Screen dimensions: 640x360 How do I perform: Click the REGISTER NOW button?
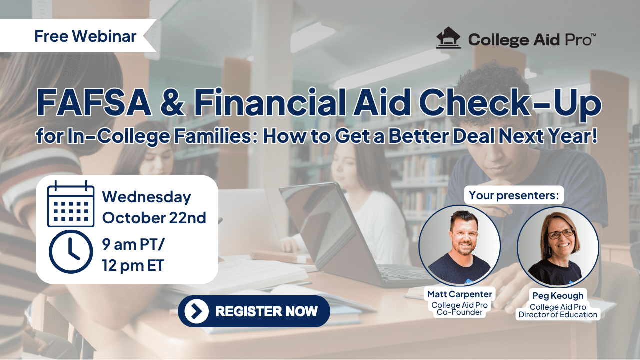[254, 311]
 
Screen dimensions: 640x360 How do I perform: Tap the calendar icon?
[71, 204]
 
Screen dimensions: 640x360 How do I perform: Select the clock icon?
[71, 251]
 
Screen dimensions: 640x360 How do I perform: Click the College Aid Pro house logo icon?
[448, 38]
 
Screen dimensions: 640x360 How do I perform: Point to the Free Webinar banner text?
[85, 36]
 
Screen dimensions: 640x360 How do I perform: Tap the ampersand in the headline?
[172, 102]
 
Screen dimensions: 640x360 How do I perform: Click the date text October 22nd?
[154, 218]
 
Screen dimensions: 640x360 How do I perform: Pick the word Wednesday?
[147, 197]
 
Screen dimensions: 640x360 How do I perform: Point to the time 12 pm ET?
[133, 265]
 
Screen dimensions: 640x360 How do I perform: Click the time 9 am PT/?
[133, 244]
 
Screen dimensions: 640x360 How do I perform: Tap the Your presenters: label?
[514, 195]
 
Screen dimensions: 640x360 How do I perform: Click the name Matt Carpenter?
[459, 294]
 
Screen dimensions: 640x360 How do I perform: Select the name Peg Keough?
[558, 296]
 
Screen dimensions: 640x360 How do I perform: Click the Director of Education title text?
[558, 315]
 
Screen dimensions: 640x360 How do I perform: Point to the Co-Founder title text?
[459, 312]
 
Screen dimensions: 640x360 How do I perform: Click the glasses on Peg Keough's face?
[561, 234]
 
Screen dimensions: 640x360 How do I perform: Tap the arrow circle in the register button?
[196, 311]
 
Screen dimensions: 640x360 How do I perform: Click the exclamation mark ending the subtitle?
[594, 136]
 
